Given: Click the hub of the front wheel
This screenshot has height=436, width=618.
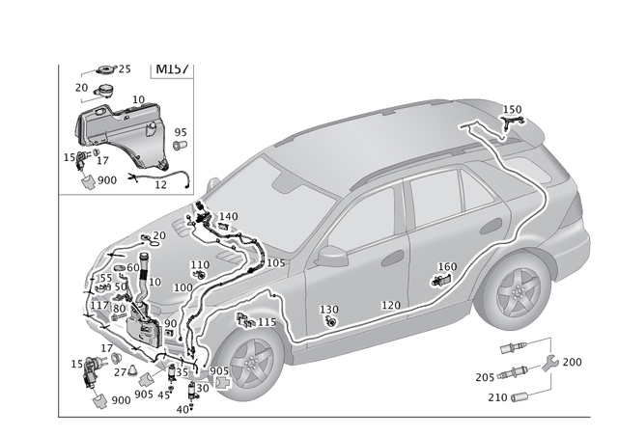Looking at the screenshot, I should tap(254, 364).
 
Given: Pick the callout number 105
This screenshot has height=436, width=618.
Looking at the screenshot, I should tap(275, 262).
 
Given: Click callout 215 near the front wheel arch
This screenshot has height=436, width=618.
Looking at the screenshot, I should tap(266, 322).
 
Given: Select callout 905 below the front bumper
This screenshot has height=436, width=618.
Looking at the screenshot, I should tap(220, 371).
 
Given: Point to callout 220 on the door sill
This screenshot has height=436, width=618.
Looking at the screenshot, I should tap(391, 306).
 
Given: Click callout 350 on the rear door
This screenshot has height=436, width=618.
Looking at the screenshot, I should tap(448, 267).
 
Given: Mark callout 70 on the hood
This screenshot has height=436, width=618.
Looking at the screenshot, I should tap(158, 234).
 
